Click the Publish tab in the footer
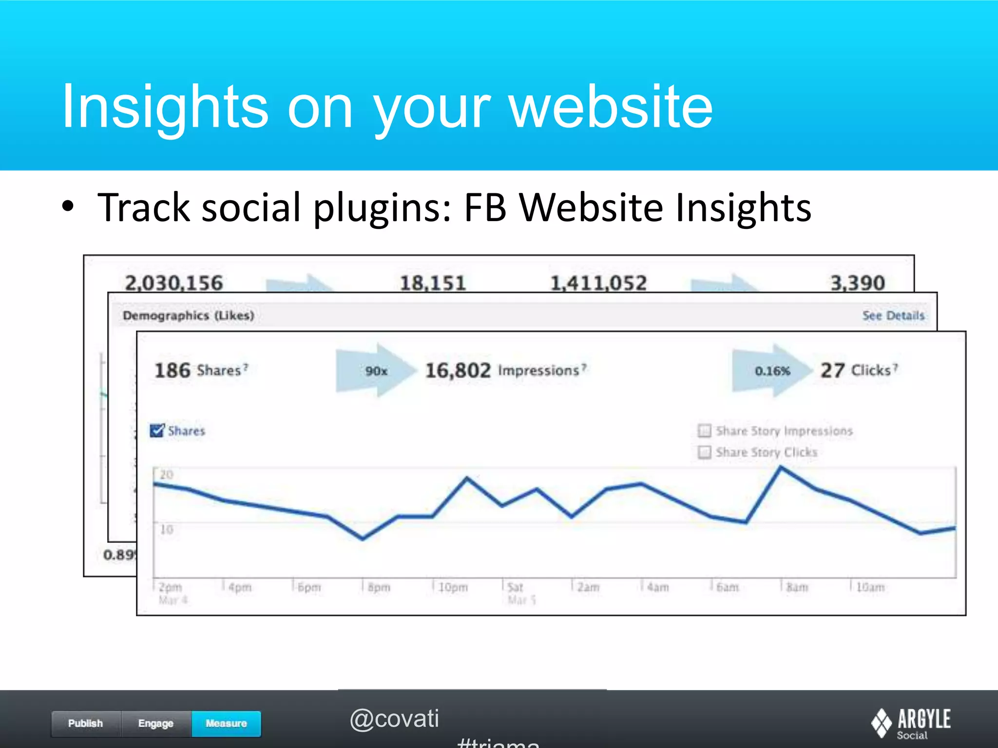coord(85,723)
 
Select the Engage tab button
coord(156,723)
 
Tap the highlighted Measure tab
coord(226,723)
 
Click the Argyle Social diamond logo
coord(881,723)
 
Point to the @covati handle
coord(394,719)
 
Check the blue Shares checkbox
coord(157,430)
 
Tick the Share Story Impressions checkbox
coord(704,430)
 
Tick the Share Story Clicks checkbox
coord(704,452)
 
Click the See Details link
coord(893,316)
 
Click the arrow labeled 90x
coord(375,371)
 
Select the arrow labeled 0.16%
coord(772,371)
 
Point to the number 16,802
coord(458,371)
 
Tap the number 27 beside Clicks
coord(832,371)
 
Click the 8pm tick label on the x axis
coord(379,587)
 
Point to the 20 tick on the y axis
coord(167,475)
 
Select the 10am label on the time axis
coord(870,587)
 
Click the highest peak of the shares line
coord(781,467)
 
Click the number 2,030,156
coord(173,282)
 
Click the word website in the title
coord(611,107)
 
